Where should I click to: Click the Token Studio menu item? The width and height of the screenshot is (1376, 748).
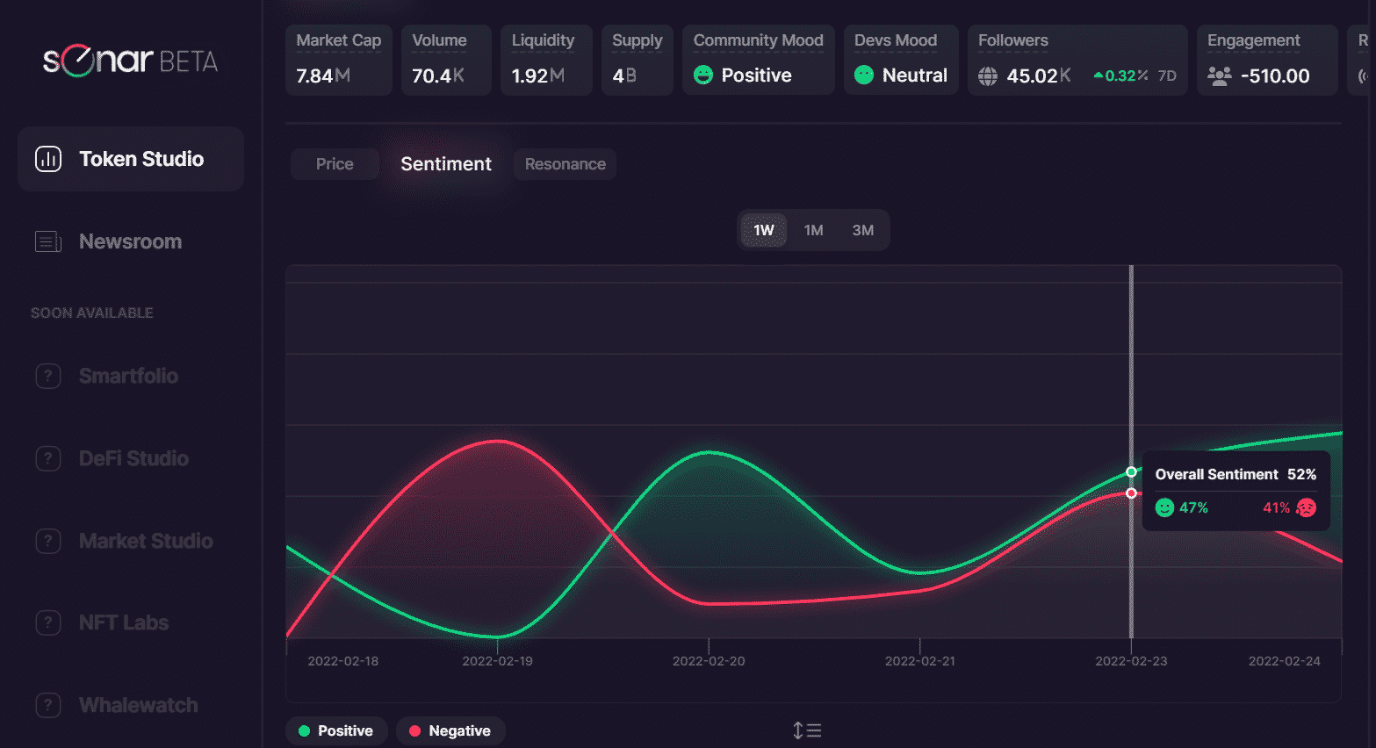point(131,159)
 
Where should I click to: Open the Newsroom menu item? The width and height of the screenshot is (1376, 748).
point(130,241)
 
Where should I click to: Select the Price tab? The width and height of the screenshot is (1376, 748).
point(335,164)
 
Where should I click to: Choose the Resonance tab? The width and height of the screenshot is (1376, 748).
point(565,164)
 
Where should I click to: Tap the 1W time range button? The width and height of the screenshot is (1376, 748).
point(763,230)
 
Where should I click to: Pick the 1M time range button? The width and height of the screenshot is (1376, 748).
point(813,230)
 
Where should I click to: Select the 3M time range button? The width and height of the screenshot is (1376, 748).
point(862,230)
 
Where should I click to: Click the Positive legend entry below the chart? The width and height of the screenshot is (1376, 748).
point(336,730)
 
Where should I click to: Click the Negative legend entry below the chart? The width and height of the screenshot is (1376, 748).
point(450,730)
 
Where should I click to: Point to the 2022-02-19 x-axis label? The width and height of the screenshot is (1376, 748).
point(497,661)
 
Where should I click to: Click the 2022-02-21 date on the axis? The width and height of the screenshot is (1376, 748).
point(919,661)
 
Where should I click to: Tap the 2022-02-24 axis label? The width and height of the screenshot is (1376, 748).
point(1284,661)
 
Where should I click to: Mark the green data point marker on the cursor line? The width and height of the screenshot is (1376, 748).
point(1131,472)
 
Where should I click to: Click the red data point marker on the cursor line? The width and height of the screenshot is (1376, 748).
point(1131,493)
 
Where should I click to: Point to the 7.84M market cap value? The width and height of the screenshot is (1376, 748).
point(323,76)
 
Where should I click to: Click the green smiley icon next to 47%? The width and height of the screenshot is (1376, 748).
point(1164,507)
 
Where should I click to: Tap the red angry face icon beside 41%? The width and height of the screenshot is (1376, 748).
point(1306,507)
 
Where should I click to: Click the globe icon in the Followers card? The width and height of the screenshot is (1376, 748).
point(988,76)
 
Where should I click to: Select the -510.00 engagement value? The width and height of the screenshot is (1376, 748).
point(1275,76)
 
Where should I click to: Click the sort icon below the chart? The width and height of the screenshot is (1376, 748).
point(807,730)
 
